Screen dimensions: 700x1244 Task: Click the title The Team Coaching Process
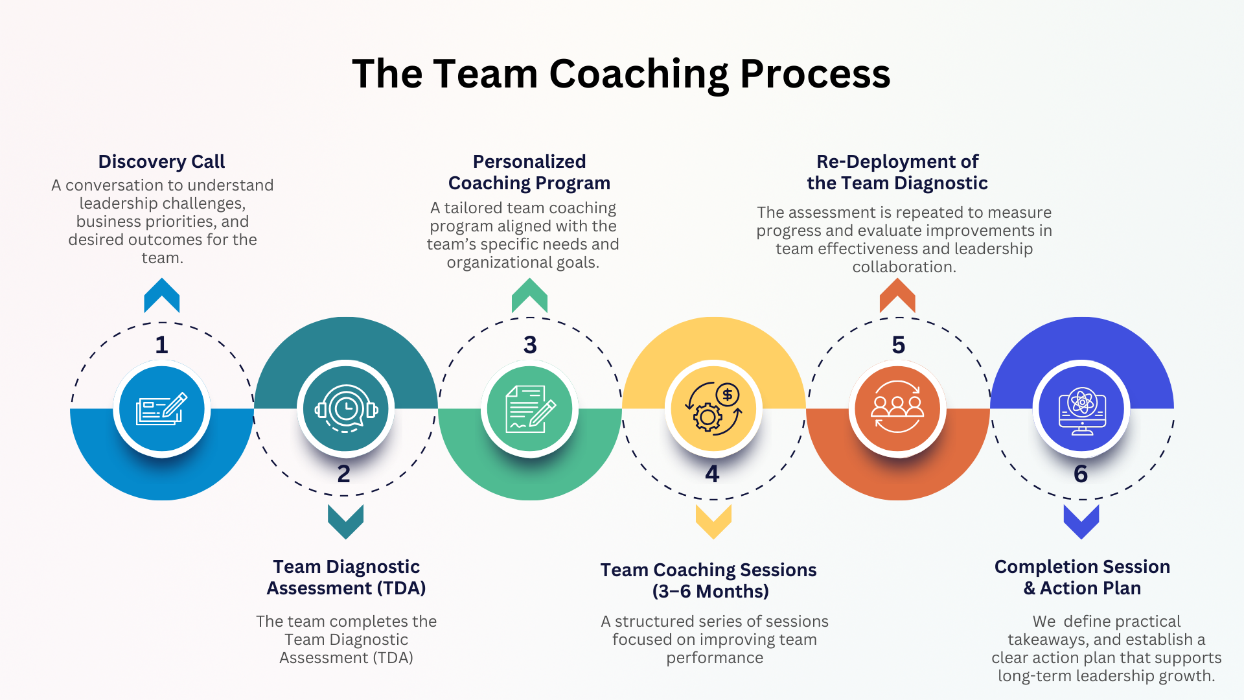point(621,74)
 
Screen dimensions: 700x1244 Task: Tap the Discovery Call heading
point(161,161)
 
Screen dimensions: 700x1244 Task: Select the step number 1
point(161,345)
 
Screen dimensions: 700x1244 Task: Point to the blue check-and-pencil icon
point(161,409)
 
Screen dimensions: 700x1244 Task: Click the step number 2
point(344,474)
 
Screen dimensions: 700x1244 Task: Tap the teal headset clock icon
point(346,409)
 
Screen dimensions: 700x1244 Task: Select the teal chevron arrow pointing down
point(345,520)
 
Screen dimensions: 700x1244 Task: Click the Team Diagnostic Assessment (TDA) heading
point(346,577)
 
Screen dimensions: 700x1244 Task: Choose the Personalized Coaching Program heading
point(529,172)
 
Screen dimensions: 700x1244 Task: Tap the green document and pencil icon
point(530,409)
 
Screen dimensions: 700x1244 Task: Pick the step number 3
point(530,345)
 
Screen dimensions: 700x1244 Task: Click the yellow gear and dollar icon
point(713,409)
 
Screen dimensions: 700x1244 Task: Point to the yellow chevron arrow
point(713,520)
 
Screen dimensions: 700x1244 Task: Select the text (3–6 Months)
point(710,591)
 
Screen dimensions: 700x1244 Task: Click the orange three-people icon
point(897,409)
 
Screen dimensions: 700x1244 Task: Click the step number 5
point(898,345)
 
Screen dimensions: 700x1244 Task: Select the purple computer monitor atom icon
point(1081,409)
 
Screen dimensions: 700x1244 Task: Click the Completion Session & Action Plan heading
point(1082,577)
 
